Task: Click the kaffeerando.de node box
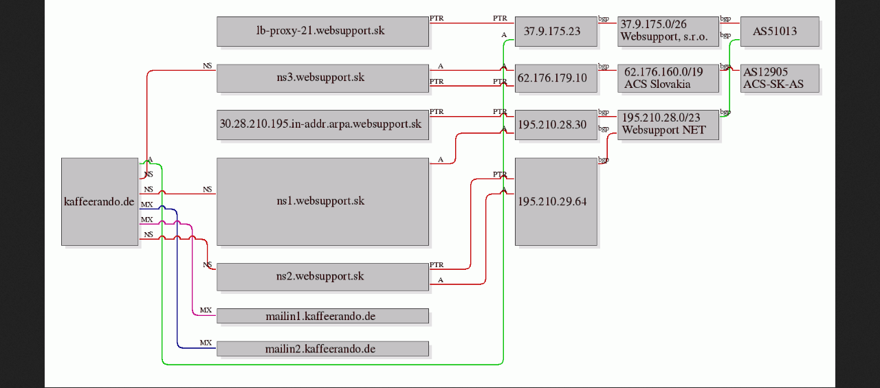tap(100, 202)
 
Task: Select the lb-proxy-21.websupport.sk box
tap(322, 32)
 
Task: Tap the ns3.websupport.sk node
tap(322, 78)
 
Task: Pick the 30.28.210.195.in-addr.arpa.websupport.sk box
tap(322, 125)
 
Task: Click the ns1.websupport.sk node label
tap(320, 201)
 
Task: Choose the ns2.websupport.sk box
tap(322, 277)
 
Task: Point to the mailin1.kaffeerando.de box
tap(322, 316)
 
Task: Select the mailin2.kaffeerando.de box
tap(322, 348)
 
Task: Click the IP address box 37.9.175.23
tap(556, 32)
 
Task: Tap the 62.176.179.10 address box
tap(556, 78)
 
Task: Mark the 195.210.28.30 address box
tap(556, 125)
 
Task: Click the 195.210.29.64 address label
tap(552, 202)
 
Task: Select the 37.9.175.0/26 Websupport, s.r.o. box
tap(668, 32)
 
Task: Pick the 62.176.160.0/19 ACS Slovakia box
tap(668, 78)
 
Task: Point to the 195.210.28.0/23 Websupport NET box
tap(668, 125)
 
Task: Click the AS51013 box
tap(780, 32)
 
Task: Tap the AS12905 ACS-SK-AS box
tap(780, 78)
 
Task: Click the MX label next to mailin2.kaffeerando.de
tap(206, 343)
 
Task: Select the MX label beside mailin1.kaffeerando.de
tap(206, 310)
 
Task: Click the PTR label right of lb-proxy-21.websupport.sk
tap(437, 18)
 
